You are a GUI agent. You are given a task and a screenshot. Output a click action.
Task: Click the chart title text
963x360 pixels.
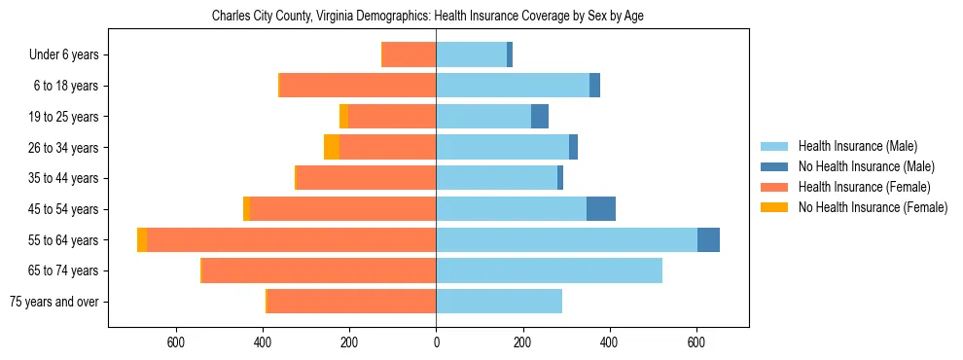tap(428, 16)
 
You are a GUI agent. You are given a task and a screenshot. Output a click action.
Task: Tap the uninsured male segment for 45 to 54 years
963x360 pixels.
tap(601, 209)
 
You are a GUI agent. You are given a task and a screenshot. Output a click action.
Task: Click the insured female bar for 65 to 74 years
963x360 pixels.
tap(319, 270)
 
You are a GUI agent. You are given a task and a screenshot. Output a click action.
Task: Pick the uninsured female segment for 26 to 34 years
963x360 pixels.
tap(332, 148)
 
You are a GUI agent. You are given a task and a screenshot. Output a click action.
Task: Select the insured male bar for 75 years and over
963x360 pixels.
tap(499, 302)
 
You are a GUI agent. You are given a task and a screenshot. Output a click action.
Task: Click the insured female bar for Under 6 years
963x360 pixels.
tap(410, 55)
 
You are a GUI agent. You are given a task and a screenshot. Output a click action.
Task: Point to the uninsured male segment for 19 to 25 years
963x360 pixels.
tap(540, 117)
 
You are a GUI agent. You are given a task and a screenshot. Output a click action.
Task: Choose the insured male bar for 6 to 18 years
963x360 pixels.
tap(513, 86)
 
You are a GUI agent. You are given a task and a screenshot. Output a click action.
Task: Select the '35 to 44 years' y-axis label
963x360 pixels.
tap(64, 178)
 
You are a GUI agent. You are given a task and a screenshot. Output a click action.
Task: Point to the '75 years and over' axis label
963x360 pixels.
tap(54, 302)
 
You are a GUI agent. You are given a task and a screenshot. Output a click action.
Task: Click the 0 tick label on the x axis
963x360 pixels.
tap(436, 342)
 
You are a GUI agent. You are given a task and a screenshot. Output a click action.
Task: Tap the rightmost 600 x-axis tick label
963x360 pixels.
tap(696, 342)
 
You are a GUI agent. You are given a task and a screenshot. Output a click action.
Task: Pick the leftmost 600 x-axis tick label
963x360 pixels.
tap(176, 342)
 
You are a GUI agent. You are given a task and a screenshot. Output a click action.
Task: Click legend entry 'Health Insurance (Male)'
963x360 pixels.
tap(857, 146)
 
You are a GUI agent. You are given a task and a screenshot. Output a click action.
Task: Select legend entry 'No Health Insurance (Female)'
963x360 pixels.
tap(873, 207)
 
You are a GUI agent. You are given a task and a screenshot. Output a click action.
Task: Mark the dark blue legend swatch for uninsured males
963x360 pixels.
tap(775, 166)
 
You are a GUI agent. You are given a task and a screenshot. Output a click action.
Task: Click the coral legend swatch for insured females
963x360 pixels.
tap(775, 187)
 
